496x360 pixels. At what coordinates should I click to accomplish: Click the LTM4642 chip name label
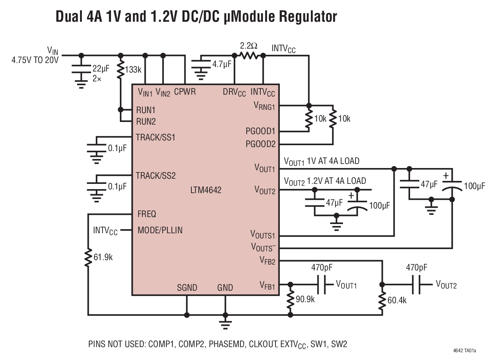(x=206, y=190)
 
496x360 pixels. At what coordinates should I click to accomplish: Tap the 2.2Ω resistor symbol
(x=249, y=56)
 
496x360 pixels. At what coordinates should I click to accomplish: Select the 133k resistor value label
(x=133, y=70)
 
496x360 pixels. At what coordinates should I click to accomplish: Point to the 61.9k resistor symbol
(x=88, y=257)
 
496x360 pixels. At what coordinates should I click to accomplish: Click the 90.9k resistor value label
(x=305, y=299)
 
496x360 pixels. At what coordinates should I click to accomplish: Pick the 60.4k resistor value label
(x=397, y=300)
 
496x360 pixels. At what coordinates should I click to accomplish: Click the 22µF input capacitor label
(x=101, y=69)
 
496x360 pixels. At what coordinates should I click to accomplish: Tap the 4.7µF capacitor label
(x=222, y=64)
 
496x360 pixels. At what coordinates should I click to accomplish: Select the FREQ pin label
(x=146, y=214)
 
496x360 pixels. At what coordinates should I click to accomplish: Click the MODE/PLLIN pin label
(x=160, y=230)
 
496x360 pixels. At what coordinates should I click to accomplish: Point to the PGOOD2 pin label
(x=260, y=144)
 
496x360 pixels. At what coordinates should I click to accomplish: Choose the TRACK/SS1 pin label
(x=155, y=137)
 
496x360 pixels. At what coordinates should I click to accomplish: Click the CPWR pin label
(x=185, y=92)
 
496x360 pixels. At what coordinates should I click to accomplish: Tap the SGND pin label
(x=187, y=288)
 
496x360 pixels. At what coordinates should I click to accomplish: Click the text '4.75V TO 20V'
(x=35, y=60)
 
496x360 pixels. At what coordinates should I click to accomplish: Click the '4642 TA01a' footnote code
(x=467, y=350)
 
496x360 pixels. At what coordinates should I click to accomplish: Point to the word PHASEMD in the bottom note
(x=226, y=344)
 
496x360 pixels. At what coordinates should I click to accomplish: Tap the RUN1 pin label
(x=146, y=110)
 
